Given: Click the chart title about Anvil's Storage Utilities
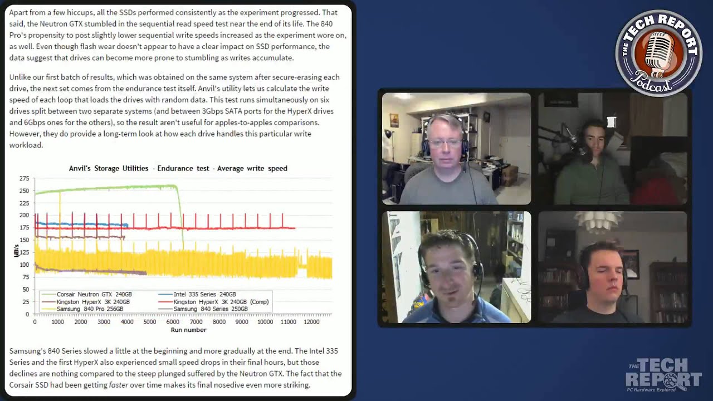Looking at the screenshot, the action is [178, 168].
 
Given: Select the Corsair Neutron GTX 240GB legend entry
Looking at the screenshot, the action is [86, 295].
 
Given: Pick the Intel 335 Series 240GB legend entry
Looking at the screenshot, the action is [197, 295].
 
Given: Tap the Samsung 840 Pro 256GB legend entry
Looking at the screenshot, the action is [82, 309].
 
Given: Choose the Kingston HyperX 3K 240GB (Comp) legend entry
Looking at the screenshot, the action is [213, 302].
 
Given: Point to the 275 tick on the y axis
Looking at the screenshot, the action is [24, 179].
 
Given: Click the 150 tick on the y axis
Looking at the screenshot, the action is [24, 240].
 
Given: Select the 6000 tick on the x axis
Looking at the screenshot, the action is [173, 322].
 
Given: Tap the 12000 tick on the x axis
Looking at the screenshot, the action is [311, 322].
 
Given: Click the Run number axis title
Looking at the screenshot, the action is [188, 330].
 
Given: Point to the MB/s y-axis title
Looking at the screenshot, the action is [16, 251].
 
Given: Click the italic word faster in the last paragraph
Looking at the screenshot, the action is [119, 385].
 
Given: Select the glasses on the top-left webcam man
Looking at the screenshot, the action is [445, 144].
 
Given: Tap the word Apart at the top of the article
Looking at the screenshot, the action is [18, 13].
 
